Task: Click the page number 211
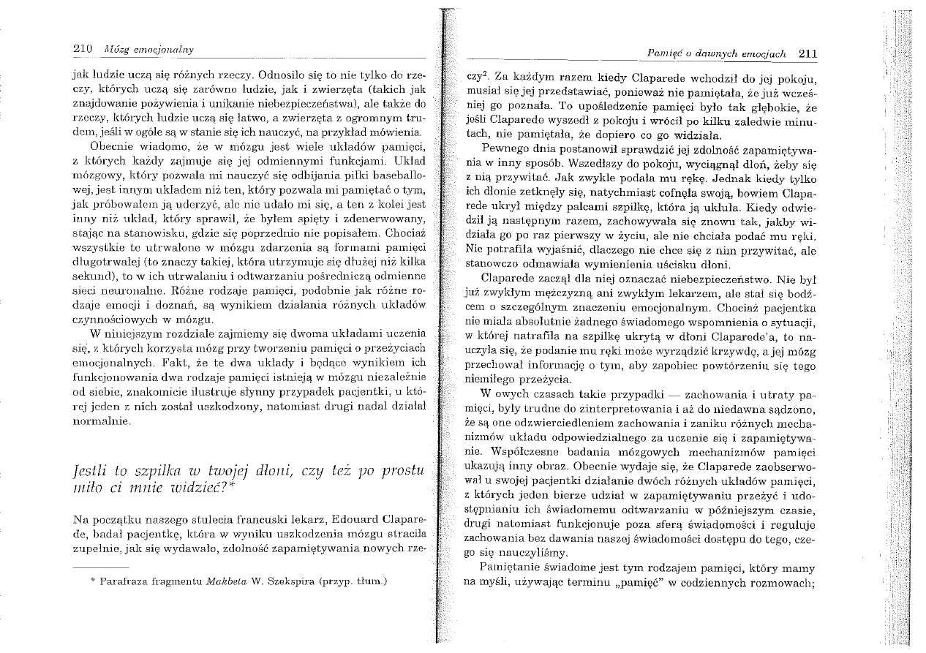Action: pos(807,53)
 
